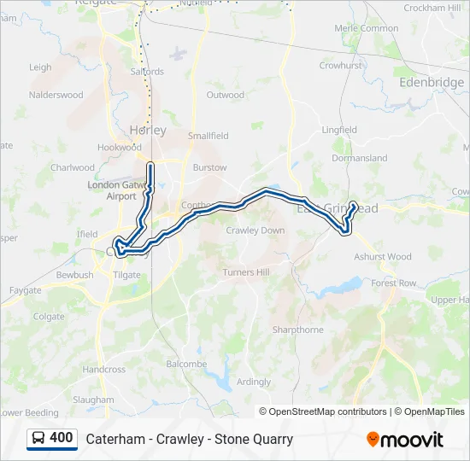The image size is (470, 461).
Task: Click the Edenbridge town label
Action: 431,82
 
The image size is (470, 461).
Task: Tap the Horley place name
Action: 147,131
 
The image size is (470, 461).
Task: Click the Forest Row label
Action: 394,283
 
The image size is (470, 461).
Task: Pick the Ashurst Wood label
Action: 382,256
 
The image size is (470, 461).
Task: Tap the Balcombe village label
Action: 186,364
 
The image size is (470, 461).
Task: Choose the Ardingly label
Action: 254,382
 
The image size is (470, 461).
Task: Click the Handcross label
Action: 104,370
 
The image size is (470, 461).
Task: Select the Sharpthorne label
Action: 297,330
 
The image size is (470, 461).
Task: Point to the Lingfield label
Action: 339,130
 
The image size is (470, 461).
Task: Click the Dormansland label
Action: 359,158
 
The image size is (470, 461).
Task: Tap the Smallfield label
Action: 209,136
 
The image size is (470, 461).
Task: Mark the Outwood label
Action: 225,95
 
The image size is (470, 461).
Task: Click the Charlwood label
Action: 73,168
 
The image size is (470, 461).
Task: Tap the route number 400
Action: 62,438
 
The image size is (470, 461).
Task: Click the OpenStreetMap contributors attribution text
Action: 328,411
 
